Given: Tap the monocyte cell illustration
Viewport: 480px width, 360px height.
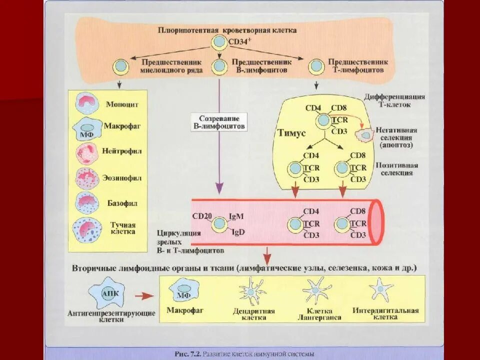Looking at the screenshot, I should tap(87, 104).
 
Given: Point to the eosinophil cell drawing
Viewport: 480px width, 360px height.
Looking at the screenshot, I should tap(87, 178).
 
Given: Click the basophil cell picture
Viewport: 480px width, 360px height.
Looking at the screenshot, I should tap(87, 202).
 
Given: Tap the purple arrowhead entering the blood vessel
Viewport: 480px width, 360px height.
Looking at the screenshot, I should tap(219, 188).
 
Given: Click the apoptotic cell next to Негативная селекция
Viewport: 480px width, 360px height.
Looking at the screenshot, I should tap(366, 134).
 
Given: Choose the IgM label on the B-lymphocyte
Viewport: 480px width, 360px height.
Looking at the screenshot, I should tap(236, 216).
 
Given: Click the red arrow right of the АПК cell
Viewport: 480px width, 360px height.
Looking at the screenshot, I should tap(144, 296).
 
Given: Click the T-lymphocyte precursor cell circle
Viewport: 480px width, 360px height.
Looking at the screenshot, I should tap(316, 66).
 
